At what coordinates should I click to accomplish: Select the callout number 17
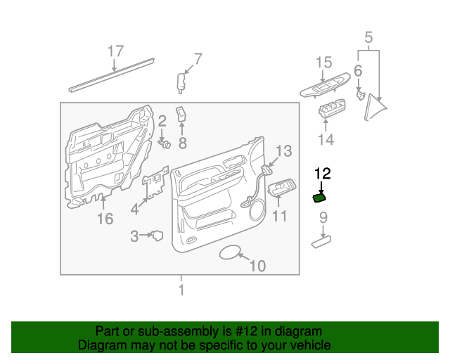(115, 51)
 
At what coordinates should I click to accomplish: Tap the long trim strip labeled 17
(112, 74)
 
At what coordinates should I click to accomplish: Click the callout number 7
(198, 58)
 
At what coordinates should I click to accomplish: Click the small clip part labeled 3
(157, 236)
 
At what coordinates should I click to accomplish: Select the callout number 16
(104, 219)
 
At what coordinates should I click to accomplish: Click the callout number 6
(358, 70)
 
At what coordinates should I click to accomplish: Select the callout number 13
(283, 150)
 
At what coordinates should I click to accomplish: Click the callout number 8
(181, 144)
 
